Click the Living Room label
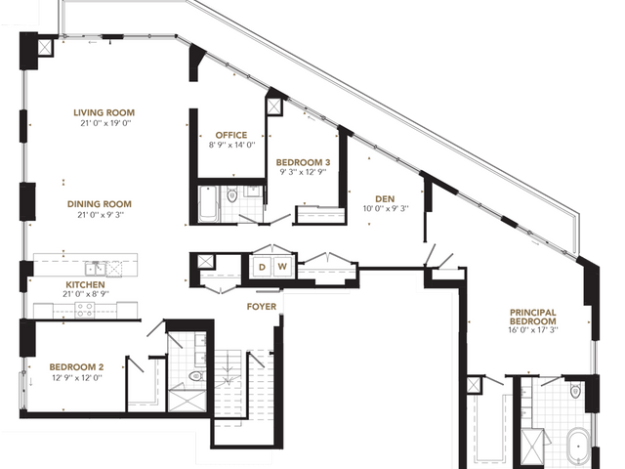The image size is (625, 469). click(x=104, y=113)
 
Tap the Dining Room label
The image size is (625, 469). click(x=100, y=204)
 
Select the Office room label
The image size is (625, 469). click(x=231, y=135)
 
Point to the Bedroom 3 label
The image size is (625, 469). click(x=303, y=162)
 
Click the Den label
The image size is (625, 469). click(x=385, y=198)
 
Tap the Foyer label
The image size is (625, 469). click(x=262, y=306)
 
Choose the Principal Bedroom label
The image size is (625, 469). click(x=533, y=317)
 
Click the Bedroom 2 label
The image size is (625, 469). click(x=76, y=367)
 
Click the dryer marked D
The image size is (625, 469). click(x=262, y=267)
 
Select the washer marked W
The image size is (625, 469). click(x=282, y=267)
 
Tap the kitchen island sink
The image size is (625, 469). click(x=96, y=269)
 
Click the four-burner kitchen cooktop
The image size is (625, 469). click(x=85, y=310)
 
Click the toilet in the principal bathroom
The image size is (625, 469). click(x=575, y=391)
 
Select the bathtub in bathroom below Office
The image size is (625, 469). click(x=208, y=204)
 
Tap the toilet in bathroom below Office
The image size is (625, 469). click(x=232, y=195)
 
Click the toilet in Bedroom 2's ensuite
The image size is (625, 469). click(x=196, y=375)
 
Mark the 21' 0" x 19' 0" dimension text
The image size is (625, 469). click(x=105, y=123)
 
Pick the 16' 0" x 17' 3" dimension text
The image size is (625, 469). click(x=533, y=330)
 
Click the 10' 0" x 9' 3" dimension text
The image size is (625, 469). click(x=386, y=208)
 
